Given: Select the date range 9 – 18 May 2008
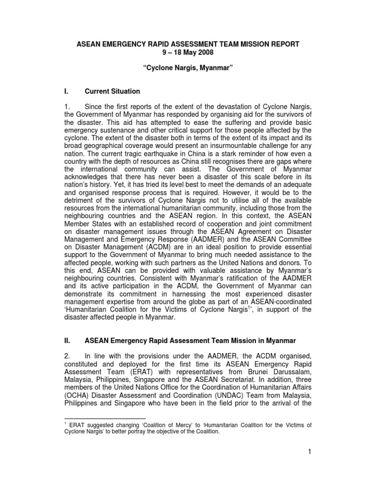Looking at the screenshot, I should (188, 52).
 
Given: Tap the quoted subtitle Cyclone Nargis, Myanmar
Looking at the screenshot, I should (188, 69).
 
